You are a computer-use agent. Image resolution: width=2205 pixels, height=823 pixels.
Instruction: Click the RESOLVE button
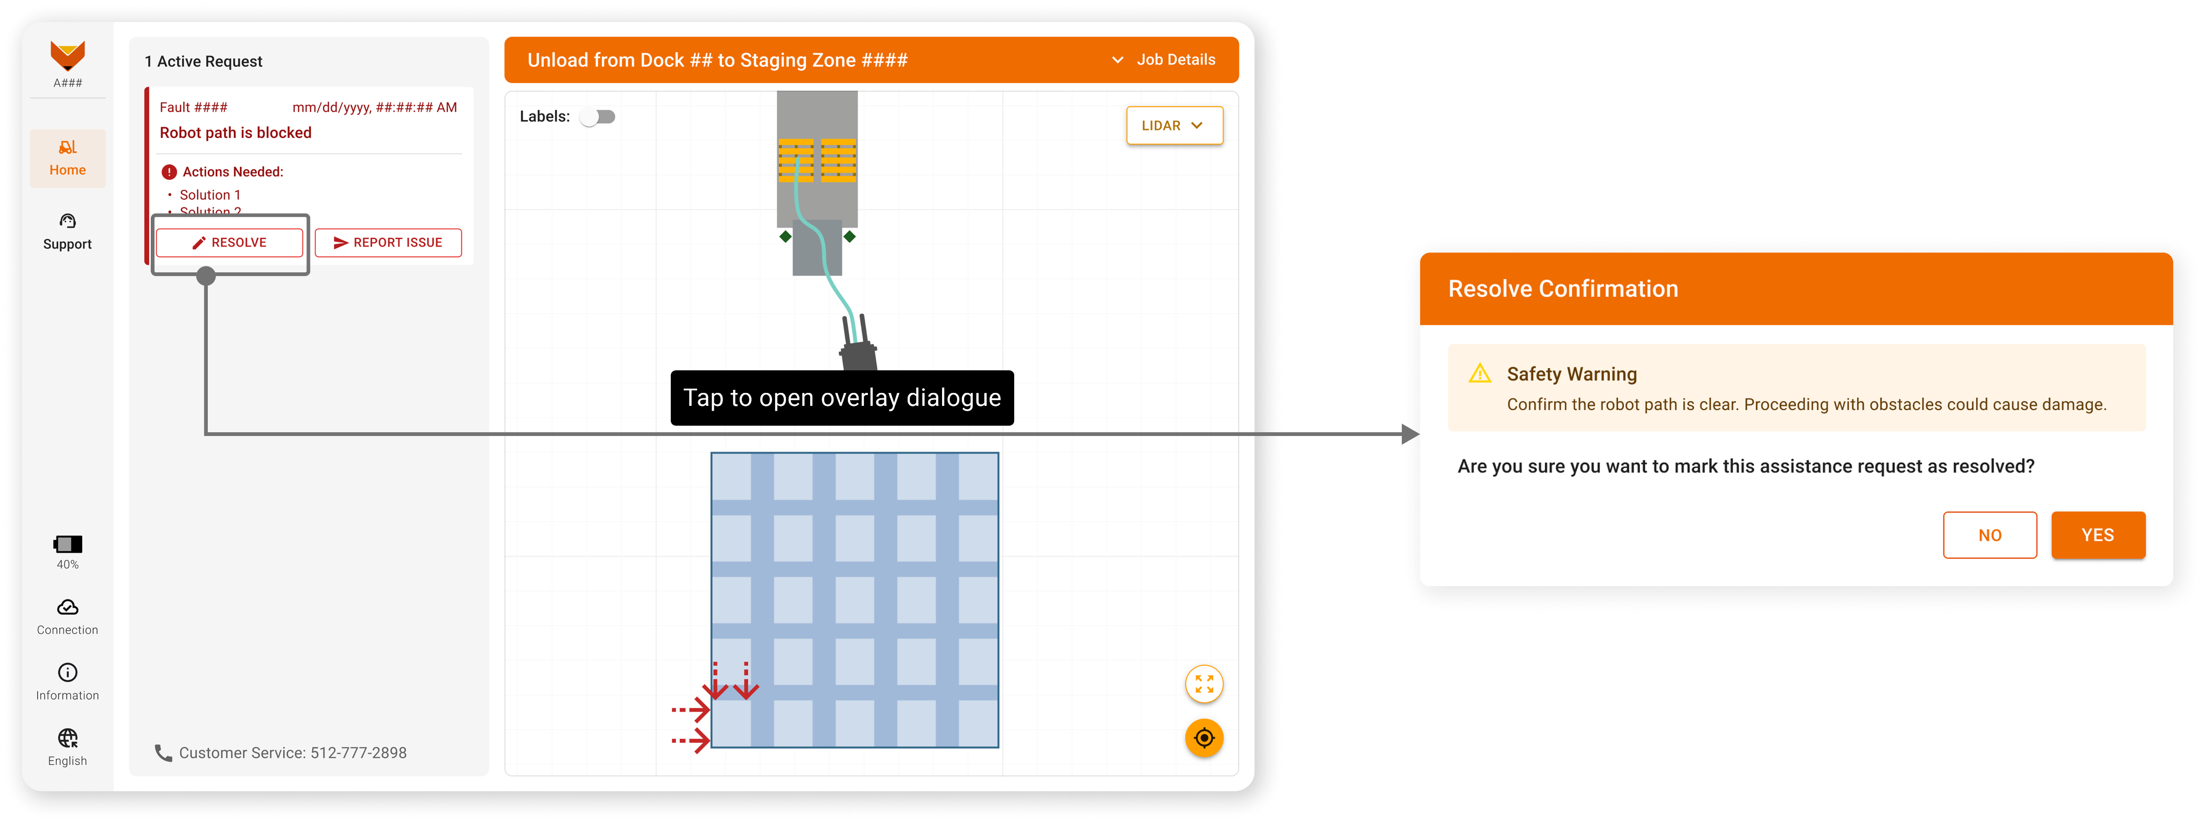click(229, 243)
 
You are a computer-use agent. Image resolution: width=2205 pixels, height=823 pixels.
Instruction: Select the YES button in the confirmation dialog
click(2098, 536)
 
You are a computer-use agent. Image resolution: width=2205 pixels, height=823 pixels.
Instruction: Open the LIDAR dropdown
click(1175, 126)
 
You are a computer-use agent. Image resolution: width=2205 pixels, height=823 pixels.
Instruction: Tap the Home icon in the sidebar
click(68, 147)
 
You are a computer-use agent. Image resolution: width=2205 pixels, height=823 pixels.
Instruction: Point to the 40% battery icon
click(68, 544)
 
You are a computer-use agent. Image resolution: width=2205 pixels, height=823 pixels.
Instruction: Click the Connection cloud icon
click(68, 607)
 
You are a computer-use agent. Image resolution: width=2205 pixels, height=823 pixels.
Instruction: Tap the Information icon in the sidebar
click(68, 672)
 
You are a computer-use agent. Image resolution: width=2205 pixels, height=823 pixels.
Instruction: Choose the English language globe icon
click(68, 738)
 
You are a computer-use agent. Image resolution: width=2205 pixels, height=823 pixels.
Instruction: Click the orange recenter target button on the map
click(1204, 738)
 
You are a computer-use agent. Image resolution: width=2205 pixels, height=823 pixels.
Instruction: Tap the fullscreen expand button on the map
click(1204, 685)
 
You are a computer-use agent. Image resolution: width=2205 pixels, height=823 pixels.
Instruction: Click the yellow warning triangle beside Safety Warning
click(1480, 374)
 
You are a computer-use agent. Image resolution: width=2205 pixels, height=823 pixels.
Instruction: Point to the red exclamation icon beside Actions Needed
click(170, 172)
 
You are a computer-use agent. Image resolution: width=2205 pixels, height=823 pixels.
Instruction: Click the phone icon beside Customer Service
click(163, 753)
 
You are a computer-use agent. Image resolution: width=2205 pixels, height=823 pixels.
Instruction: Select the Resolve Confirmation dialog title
click(1563, 289)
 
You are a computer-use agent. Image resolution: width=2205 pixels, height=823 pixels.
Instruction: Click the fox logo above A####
click(68, 55)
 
